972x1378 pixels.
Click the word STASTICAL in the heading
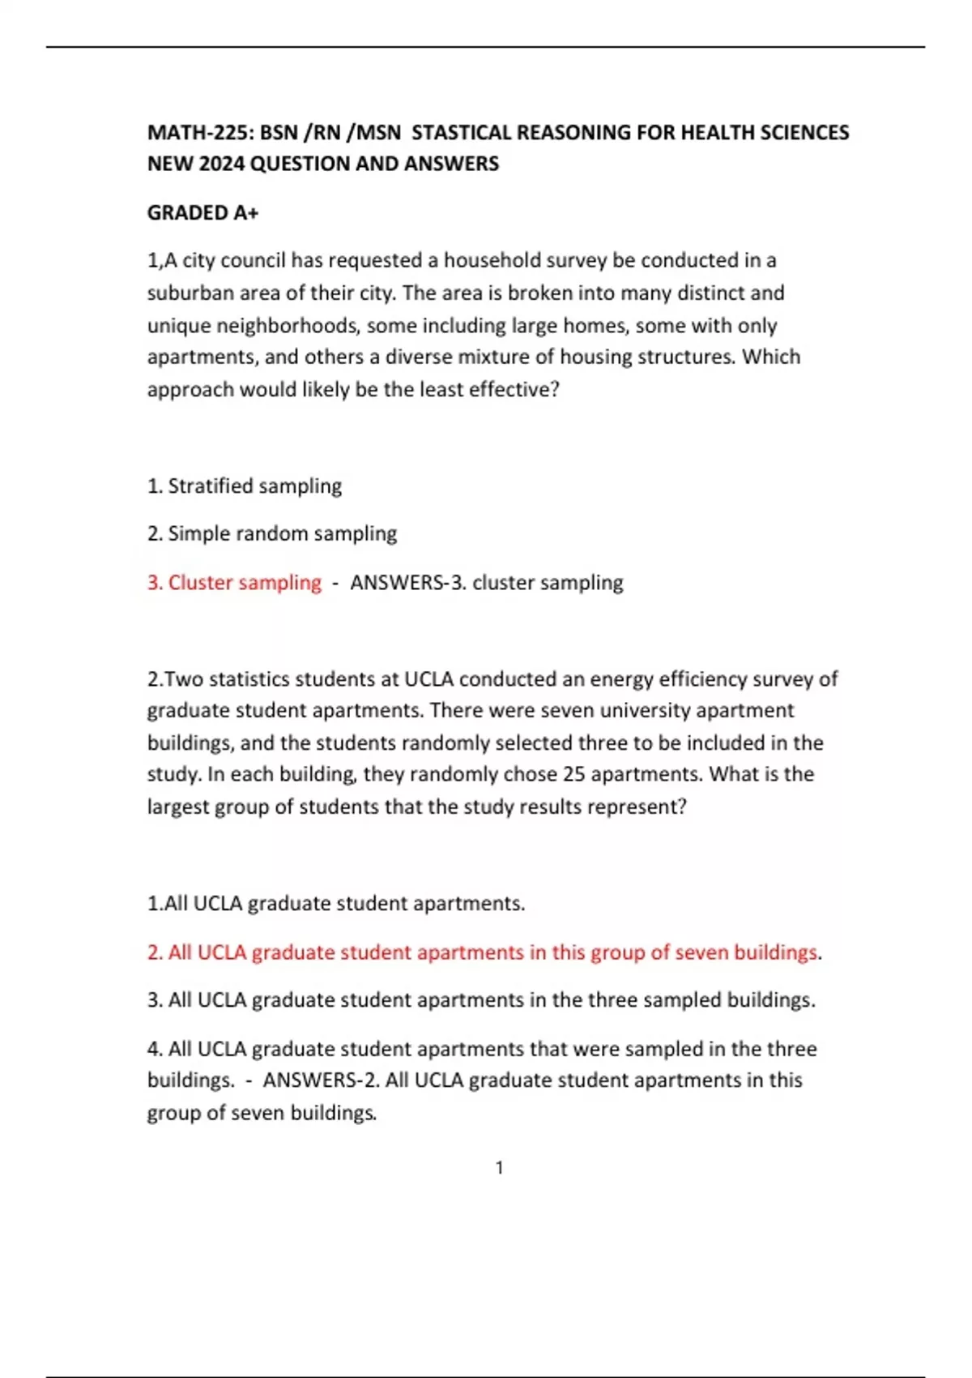coord(462,132)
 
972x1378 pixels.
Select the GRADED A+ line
coord(202,212)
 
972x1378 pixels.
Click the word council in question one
coord(253,260)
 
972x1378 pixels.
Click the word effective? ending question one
coord(514,389)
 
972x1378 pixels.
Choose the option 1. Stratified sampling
coord(244,486)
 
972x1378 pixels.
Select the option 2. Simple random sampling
coord(271,533)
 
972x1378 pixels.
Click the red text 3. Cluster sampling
coord(234,582)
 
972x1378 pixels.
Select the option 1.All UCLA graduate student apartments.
coord(335,903)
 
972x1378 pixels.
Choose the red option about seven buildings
coord(482,952)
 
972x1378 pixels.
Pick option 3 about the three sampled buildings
coord(481,999)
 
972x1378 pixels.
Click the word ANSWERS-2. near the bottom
coord(321,1080)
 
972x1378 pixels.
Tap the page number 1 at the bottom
coord(500,1167)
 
